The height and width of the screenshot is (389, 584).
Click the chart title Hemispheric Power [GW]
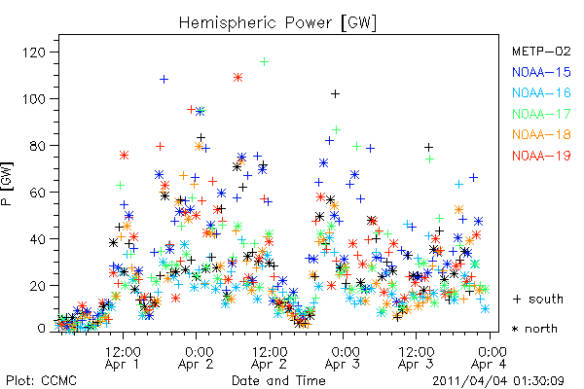[277, 22]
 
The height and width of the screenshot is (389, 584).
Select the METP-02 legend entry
[541, 51]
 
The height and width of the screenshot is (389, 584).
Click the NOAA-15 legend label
[541, 72]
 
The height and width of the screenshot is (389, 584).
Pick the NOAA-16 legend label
[541, 92]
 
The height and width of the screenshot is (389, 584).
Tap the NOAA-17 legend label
[541, 114]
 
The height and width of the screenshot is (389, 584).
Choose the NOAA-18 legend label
[541, 134]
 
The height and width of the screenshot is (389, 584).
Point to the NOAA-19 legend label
[541, 156]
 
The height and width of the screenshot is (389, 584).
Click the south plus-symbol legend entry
[538, 299]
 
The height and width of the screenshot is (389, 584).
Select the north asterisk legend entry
[534, 329]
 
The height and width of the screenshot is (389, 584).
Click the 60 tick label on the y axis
[38, 193]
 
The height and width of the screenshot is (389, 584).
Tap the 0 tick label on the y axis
[42, 329]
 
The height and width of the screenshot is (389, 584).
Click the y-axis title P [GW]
[7, 184]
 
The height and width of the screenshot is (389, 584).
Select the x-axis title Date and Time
[278, 380]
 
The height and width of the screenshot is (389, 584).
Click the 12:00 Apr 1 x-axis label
[123, 358]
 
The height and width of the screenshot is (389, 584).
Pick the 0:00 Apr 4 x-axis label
[489, 358]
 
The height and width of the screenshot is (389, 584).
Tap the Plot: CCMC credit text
[41, 380]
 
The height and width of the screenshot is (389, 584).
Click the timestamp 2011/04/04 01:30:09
[498, 381]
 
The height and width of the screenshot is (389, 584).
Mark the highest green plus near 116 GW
[264, 62]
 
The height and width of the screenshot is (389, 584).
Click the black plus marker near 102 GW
[335, 93]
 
